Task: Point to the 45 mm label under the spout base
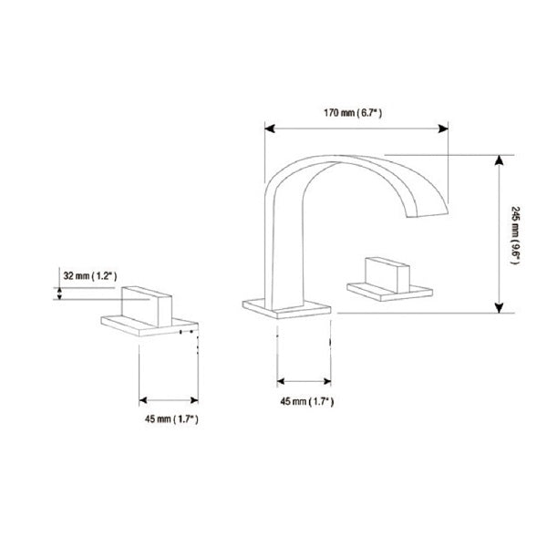pos(304,401)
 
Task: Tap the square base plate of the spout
pos(286,306)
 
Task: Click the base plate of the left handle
pos(150,325)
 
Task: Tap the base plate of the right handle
pos(392,292)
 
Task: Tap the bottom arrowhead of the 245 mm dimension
pos(500,308)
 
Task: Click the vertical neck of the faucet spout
pos(273,246)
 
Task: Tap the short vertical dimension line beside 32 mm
pos(60,293)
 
